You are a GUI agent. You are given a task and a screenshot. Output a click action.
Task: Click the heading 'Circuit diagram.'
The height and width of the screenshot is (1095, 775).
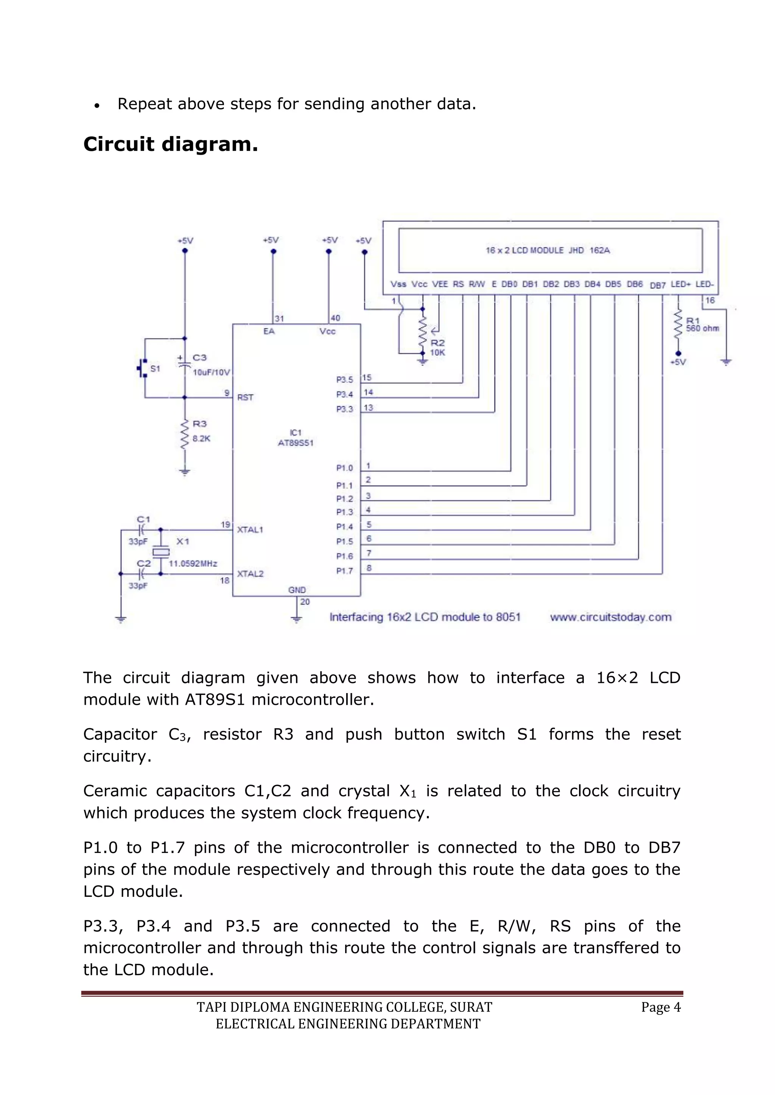point(170,144)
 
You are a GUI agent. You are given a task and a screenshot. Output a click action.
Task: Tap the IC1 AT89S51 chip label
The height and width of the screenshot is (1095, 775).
point(296,438)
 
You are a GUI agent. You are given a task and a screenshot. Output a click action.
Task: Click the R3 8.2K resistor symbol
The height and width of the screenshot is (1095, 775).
point(185,434)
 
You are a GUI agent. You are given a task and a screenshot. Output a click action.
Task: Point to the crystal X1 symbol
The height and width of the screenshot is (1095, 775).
point(161,552)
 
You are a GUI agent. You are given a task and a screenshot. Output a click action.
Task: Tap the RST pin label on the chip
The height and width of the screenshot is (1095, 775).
point(245,397)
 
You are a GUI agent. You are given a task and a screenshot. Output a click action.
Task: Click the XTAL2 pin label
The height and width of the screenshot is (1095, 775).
point(250,574)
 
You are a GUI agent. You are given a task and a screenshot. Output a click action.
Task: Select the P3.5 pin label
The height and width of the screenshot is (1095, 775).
point(345,380)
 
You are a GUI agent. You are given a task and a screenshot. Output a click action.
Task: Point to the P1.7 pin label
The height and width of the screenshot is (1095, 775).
point(345,571)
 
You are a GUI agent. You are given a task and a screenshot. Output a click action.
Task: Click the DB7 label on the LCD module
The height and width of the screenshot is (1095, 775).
point(658,285)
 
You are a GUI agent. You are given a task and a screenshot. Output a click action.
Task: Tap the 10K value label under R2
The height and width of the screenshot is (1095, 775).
point(437,353)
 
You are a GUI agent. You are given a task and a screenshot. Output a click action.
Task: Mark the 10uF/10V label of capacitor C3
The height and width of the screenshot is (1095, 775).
point(212,372)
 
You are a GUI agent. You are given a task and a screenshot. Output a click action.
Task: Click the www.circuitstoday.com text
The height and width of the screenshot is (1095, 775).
point(610,617)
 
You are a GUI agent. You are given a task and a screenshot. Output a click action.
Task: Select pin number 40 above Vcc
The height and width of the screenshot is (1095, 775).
point(336,318)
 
